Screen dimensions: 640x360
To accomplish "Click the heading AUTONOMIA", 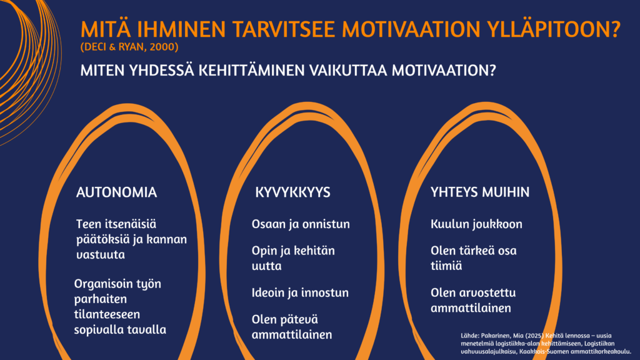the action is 116,192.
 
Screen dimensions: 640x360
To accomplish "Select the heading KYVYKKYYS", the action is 292,192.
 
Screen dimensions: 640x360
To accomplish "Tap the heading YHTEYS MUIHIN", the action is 480,192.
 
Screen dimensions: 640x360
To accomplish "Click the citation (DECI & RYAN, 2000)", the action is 129,47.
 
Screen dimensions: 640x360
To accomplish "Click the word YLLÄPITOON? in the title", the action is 554,29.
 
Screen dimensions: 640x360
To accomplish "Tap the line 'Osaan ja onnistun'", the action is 301,224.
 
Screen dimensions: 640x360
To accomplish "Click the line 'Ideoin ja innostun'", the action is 300,292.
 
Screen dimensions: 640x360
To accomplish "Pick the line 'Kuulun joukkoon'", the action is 476,224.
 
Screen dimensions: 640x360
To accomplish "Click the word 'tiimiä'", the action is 446,266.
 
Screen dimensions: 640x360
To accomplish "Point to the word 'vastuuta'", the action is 101,255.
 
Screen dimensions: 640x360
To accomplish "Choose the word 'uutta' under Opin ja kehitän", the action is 266,266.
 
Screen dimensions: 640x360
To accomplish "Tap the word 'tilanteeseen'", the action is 107,314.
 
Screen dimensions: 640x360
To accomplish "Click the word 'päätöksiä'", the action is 102,239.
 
